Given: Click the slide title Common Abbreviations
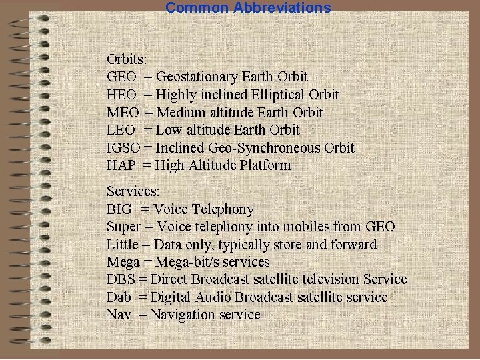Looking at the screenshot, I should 248,8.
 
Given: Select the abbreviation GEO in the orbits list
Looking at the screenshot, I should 121,77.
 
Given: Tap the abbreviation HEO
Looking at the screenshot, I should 121,95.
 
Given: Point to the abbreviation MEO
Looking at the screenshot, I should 121,113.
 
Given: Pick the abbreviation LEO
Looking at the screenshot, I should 121,130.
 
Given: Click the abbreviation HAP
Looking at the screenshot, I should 121,165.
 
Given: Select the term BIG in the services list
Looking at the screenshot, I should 119,209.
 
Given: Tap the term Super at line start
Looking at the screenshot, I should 123,227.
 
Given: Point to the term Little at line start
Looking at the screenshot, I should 121,245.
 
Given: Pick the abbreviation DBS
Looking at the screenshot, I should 119,279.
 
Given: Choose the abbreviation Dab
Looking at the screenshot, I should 118,297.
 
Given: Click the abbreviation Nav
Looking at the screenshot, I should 119,315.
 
